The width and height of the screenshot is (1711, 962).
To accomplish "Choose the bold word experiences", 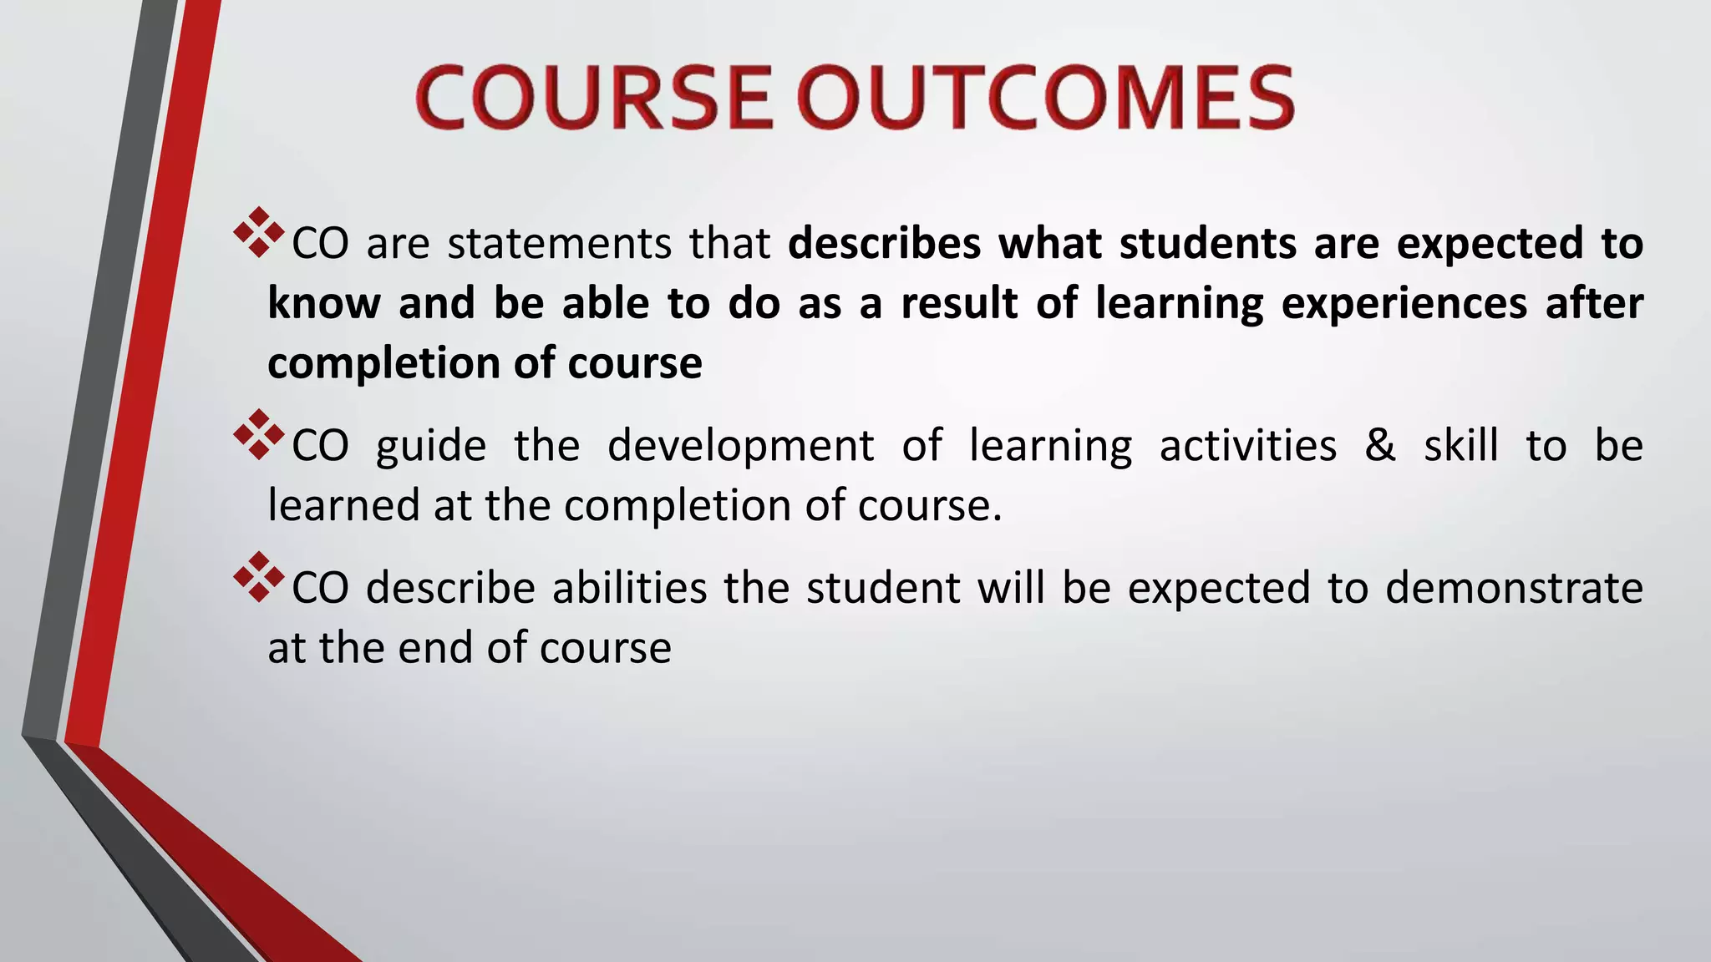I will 1404,303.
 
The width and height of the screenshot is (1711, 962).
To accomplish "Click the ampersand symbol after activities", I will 1380,445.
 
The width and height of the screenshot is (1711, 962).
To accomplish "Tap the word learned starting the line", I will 343,506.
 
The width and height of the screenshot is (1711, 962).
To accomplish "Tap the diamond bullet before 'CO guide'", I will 259,434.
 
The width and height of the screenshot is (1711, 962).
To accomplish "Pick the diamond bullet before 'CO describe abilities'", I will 259,577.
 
